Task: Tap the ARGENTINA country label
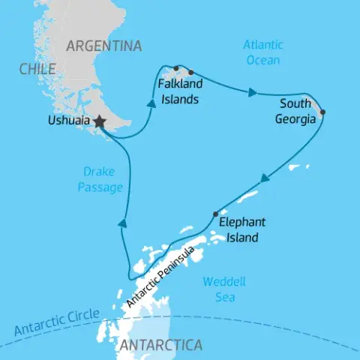click(103, 46)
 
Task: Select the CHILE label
click(37, 69)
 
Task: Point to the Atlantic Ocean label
click(262, 52)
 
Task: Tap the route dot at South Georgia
click(323, 113)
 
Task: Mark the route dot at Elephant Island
click(216, 214)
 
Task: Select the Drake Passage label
click(99, 181)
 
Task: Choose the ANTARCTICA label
click(160, 346)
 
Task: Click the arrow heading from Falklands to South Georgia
click(252, 93)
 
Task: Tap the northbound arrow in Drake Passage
click(121, 222)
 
